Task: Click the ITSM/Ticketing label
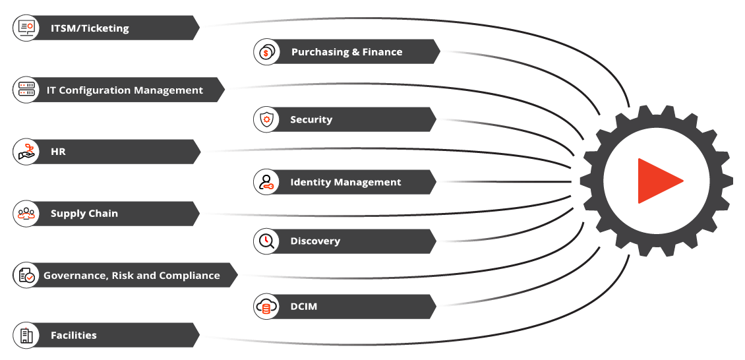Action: pos(90,28)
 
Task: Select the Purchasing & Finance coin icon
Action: pos(266,52)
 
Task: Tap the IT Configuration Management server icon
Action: pos(26,90)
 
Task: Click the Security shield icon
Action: pos(266,119)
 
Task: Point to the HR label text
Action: pos(58,152)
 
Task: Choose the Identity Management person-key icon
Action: pos(266,182)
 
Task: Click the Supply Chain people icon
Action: pos(26,214)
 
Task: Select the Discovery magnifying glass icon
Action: pos(266,241)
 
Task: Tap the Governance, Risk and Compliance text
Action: pos(132,276)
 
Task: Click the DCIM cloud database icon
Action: pos(266,307)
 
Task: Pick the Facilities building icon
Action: pos(26,335)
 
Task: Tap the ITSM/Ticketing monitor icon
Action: pos(26,28)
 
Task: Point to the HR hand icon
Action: pos(26,152)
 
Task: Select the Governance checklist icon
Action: pos(26,276)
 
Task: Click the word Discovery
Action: pos(315,241)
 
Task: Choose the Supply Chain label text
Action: pos(84,214)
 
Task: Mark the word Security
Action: pos(311,119)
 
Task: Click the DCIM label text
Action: pos(303,307)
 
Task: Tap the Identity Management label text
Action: pos(345,182)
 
